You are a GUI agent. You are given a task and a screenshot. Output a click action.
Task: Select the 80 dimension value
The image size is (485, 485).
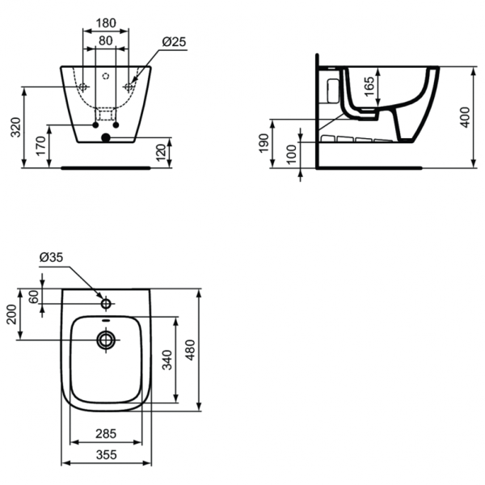click(x=106, y=40)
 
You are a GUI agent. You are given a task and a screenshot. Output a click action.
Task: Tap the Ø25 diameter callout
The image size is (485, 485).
click(x=176, y=40)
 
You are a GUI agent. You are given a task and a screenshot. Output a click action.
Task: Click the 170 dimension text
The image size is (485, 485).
click(x=40, y=145)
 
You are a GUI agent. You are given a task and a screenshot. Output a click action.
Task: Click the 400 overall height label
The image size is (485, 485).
click(x=463, y=118)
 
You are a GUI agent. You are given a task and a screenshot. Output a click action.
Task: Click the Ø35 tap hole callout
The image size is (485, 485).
click(x=51, y=258)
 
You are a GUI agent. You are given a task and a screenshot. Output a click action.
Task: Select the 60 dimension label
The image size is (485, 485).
click(x=34, y=297)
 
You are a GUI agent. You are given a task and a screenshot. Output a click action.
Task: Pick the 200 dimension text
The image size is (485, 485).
click(x=11, y=314)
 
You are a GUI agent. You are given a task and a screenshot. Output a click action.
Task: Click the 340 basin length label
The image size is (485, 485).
click(x=167, y=359)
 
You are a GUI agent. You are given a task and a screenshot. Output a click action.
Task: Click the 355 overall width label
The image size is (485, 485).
click(x=107, y=455)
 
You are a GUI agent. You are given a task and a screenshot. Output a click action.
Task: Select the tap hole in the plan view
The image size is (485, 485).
click(x=106, y=304)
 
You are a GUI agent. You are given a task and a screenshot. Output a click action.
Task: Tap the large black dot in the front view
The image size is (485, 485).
click(x=105, y=138)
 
